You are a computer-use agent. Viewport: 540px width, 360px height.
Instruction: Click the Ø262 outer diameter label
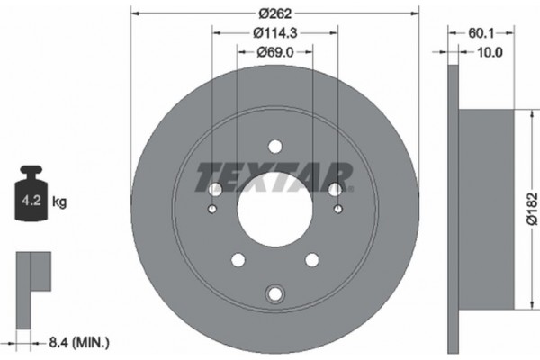[x=274, y=13]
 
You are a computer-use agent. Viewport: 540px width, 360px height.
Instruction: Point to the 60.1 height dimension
[x=481, y=35]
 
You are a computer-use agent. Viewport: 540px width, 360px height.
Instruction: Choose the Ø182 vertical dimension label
[x=531, y=207]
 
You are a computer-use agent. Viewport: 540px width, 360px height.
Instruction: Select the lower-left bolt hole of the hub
[x=238, y=260]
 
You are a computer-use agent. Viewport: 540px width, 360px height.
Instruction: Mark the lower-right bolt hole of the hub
[x=312, y=260]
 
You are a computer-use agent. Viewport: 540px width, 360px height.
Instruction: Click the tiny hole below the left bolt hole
[x=212, y=211]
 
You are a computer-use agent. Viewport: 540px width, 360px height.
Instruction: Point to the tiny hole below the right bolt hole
[x=337, y=211]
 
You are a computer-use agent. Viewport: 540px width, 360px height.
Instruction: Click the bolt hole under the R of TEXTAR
[x=336, y=190]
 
